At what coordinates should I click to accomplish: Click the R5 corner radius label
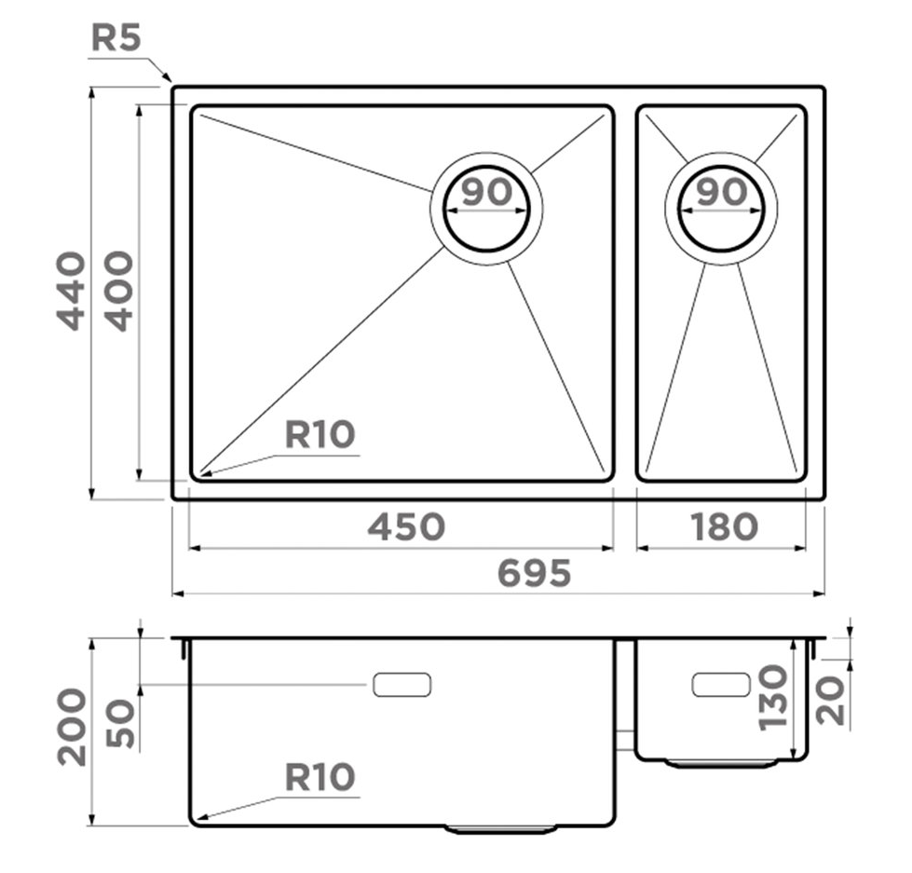point(116,39)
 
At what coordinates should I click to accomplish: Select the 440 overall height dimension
point(71,291)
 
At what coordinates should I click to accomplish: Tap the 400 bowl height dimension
point(120,291)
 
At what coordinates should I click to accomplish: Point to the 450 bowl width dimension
point(406,526)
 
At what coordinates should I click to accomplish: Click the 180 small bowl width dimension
point(724,526)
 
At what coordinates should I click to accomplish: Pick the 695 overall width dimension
point(535,573)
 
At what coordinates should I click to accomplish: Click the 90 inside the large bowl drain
point(487,192)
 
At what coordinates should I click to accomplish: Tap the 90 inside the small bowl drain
point(722,192)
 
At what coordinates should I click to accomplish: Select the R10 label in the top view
point(320,434)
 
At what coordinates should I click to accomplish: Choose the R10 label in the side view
point(320,777)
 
